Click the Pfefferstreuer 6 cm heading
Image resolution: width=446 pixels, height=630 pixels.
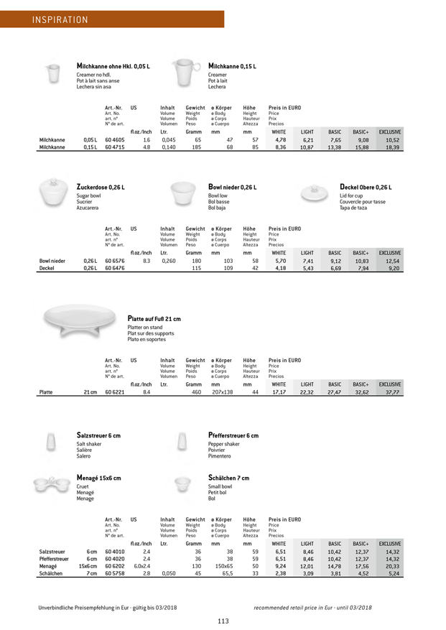(x=233, y=435)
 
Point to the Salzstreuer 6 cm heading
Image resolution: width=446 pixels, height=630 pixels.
(x=99, y=435)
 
